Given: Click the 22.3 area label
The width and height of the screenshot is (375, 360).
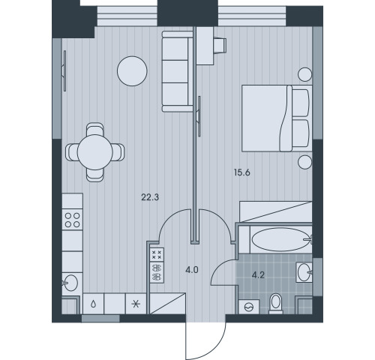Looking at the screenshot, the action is pos(150,197).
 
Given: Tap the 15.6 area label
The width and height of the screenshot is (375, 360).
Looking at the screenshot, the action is pos(242,172).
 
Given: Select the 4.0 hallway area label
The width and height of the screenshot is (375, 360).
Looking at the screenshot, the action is pos(192,270).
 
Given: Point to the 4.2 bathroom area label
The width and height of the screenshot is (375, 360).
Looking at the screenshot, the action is pos(258,275).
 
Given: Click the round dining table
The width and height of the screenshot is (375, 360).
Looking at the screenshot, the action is pos(95,152).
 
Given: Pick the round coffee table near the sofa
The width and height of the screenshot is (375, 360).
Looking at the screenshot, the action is pos(132,71).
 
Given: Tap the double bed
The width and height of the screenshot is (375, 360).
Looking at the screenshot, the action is pos(277,118).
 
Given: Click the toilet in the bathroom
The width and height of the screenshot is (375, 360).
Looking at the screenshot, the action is pos(276,304).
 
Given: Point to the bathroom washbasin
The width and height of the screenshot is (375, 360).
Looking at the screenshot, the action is pos(304,272).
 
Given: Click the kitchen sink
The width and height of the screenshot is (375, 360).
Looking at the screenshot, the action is pos(70,283).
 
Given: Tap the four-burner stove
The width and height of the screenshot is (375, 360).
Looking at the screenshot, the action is pos(73,220).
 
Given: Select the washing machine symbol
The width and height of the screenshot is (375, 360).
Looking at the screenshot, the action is pos(249,307).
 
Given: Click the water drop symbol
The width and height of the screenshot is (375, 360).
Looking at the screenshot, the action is pos(93,304).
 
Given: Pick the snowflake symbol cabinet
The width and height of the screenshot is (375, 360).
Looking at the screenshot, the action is pos(136,304).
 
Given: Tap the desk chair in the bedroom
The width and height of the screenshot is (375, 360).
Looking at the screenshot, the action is pos(220,46).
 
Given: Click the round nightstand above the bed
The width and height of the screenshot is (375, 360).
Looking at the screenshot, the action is pos(305,74).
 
